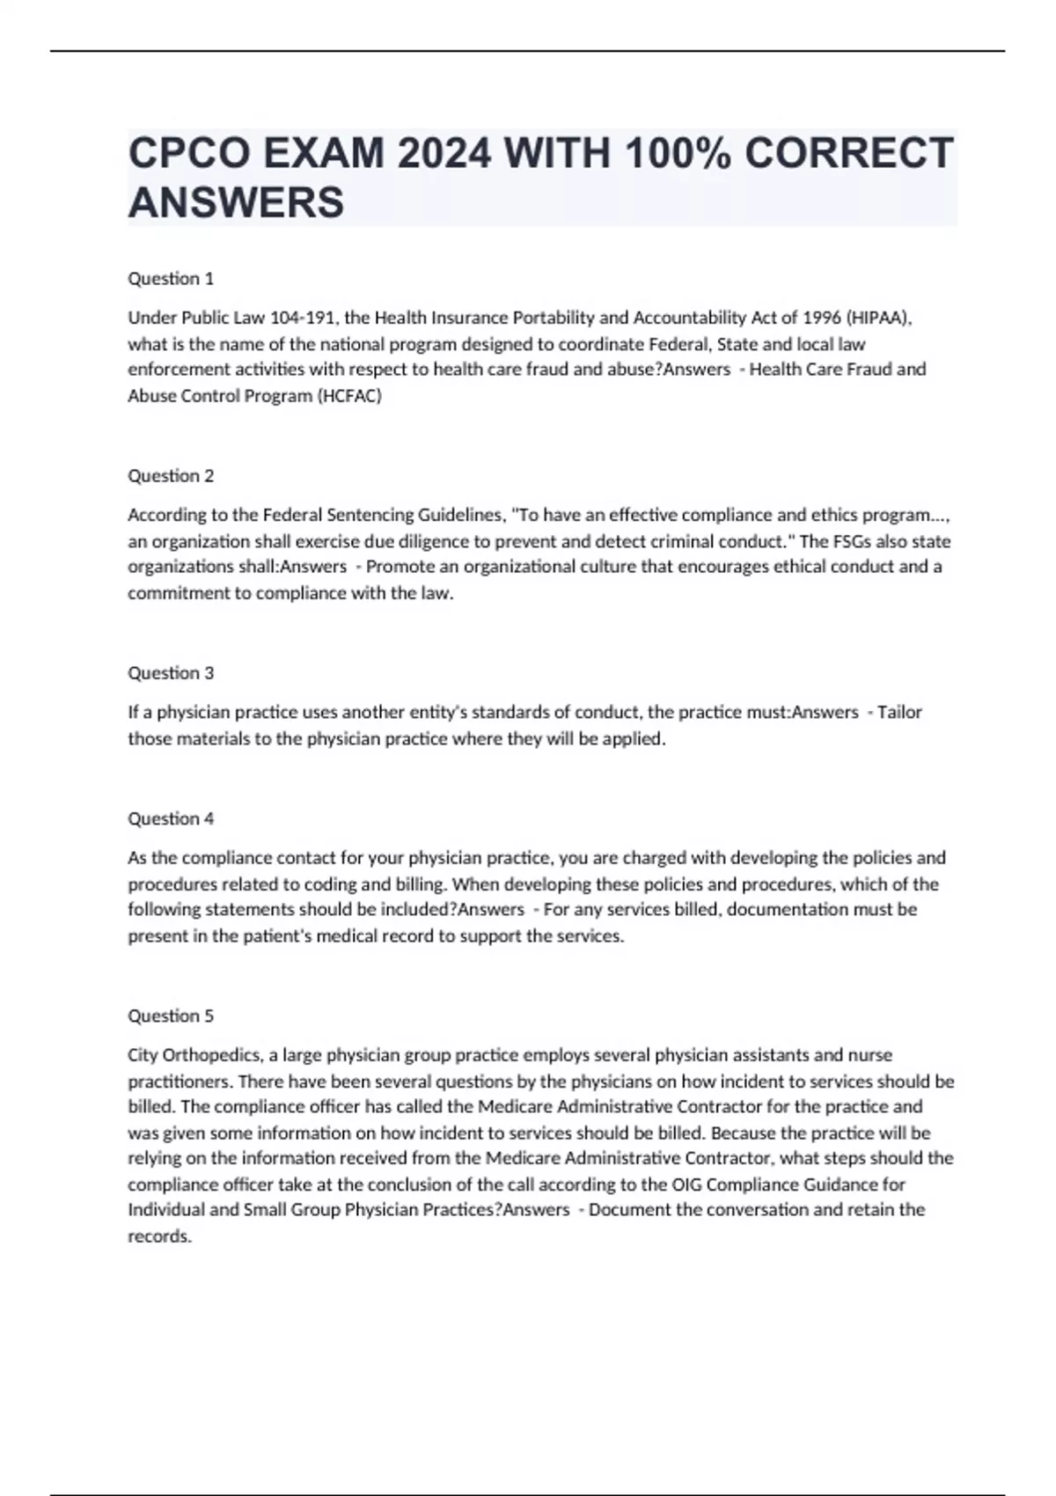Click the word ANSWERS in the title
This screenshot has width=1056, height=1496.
(x=236, y=202)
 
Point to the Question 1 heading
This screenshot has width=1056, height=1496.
(x=171, y=279)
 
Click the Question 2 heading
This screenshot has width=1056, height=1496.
(x=171, y=476)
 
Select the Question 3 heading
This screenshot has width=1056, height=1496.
(x=171, y=673)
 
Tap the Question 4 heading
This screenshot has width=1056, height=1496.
(x=171, y=818)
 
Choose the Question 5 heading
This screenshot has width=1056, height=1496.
(x=171, y=1016)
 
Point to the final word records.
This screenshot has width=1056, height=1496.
(x=159, y=1236)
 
